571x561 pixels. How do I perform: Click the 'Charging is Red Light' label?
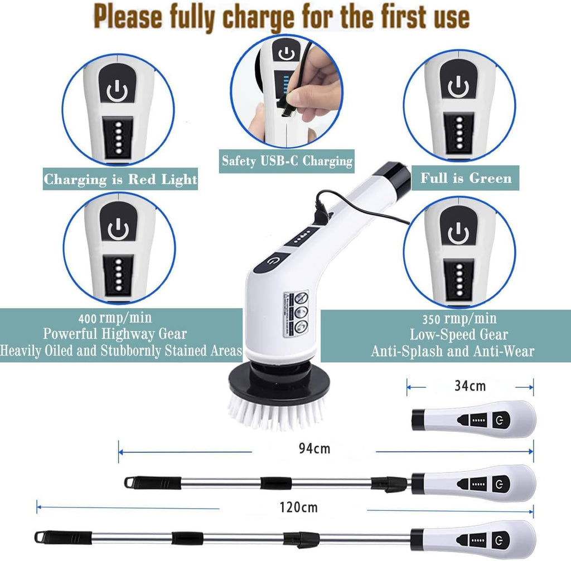coord(120,179)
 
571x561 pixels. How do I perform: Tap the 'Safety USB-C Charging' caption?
coord(287,161)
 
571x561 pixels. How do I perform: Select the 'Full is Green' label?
coord(466,178)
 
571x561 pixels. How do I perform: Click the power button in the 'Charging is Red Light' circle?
coord(118,91)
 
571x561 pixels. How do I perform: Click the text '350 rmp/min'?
coord(459,319)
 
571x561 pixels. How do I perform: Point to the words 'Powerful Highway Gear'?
coord(115,334)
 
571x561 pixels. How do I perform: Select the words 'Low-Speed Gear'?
coord(459,335)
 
